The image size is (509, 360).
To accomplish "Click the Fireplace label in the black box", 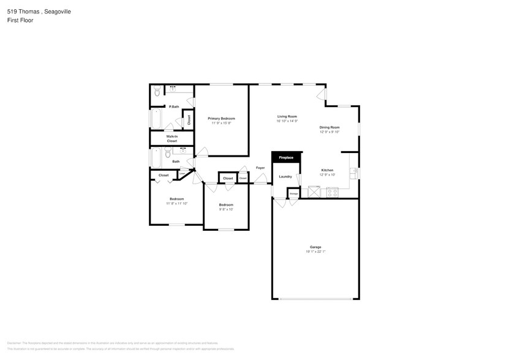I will [x=286, y=158].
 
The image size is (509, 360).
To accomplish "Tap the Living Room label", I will [x=287, y=116].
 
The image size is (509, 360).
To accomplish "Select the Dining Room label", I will [x=329, y=127].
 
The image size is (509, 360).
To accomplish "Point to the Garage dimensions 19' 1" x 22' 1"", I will [x=315, y=252].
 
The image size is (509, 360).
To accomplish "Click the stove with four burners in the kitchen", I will [x=333, y=192].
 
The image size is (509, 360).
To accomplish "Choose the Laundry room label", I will [x=285, y=176].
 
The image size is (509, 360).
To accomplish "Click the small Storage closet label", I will [x=293, y=193].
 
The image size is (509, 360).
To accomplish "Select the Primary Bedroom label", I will [x=221, y=118].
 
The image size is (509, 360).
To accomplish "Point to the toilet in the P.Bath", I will [x=157, y=92].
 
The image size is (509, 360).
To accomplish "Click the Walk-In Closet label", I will [x=172, y=138].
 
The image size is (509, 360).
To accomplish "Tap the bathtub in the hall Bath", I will [x=156, y=157].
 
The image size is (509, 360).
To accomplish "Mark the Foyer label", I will [x=260, y=168].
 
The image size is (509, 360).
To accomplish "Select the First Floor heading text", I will [x=20, y=20].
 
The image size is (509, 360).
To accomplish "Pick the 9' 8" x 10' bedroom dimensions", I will [x=226, y=209].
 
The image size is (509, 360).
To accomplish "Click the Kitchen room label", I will [x=327, y=170].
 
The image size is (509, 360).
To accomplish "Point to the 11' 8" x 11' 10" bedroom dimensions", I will [x=176, y=203].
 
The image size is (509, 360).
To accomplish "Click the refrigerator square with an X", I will [x=314, y=192].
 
